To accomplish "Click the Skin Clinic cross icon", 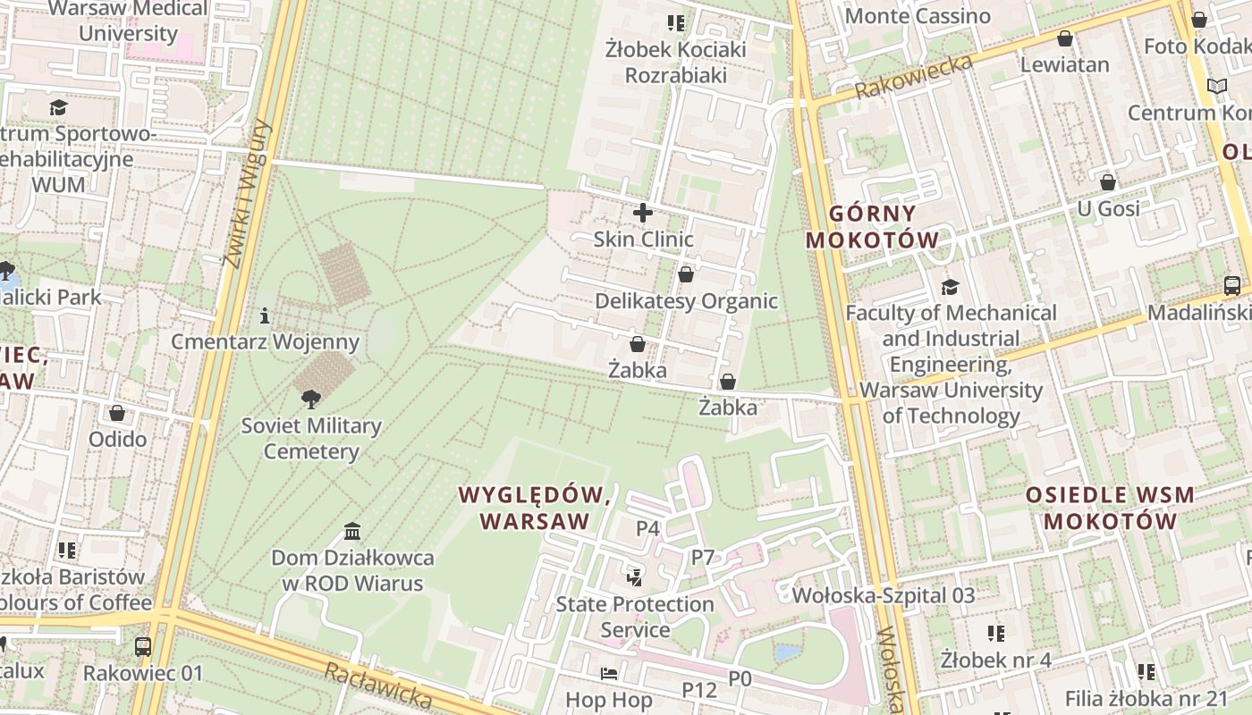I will tap(643, 213).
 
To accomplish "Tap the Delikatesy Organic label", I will tap(686, 301).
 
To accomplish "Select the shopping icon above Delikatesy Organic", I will tap(686, 274).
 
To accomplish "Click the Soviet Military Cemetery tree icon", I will tap(310, 399).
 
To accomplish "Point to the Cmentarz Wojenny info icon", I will tap(265, 315).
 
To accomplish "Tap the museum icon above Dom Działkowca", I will tap(352, 532).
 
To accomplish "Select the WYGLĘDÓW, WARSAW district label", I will tap(535, 508).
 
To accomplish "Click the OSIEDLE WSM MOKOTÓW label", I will tap(1110, 508).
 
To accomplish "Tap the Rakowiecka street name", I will tap(913, 78).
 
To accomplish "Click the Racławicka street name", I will tap(378, 684).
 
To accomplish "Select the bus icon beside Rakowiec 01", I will tap(142, 647).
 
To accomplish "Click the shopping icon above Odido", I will tap(117, 413).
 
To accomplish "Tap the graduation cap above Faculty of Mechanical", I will tap(950, 287).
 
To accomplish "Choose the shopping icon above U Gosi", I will tap(1108, 183).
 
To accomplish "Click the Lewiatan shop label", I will tap(1064, 64).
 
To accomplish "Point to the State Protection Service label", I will tap(635, 617).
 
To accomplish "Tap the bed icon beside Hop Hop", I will tap(609, 673).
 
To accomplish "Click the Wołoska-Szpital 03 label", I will tap(884, 595).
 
